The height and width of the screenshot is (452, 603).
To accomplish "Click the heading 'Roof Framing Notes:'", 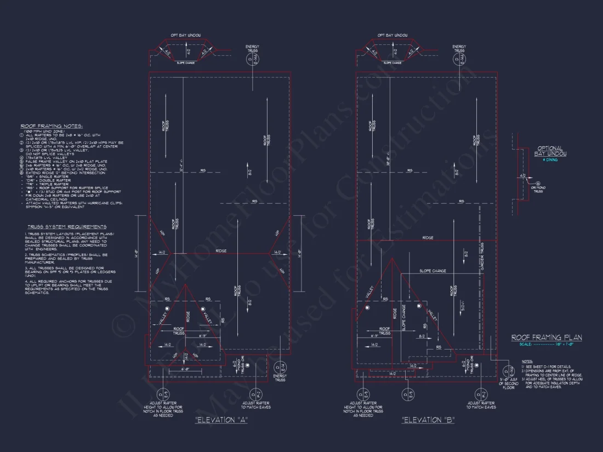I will (51, 125).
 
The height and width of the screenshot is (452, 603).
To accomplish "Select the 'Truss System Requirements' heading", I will (67, 226).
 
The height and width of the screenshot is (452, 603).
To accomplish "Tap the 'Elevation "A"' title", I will (222, 420).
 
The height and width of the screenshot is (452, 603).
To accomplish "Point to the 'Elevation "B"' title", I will (428, 420).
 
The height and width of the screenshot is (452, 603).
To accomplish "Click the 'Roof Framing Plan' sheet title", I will (547, 338).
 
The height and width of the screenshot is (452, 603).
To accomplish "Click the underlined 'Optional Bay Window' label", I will (549, 151).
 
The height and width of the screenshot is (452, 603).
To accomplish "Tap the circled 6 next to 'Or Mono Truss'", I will (538, 185).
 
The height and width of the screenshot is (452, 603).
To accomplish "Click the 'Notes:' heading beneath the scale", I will (527, 362).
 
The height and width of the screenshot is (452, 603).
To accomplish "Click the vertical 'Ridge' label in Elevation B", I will (395, 313).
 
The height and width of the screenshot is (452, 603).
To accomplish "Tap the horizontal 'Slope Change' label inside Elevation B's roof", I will (433, 271).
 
